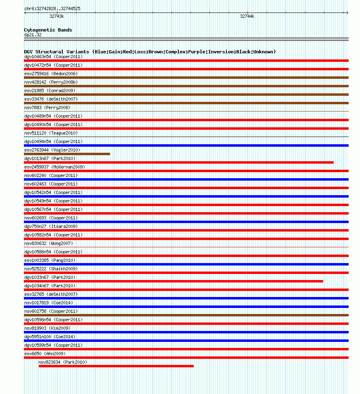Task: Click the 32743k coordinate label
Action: [x=57, y=16]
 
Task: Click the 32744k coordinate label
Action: [x=247, y=16]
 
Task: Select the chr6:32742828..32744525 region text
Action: [x=52, y=8]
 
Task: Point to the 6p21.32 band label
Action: [x=33, y=35]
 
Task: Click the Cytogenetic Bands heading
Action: [x=48, y=30]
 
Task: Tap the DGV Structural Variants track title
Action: [x=150, y=52]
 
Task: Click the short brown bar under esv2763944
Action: [x=67, y=154]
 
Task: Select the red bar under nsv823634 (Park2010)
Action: [x=116, y=366]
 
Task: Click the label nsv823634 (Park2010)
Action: [x=63, y=362]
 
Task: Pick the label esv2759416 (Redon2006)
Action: [x=51, y=74]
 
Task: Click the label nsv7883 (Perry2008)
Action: [x=47, y=107]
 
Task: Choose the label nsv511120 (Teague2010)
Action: [x=51, y=133]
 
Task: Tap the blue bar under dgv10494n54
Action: [x=186, y=145]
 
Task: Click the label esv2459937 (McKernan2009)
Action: [x=55, y=167]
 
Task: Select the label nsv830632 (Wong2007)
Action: [x=49, y=243]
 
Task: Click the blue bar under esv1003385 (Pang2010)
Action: [x=186, y=264]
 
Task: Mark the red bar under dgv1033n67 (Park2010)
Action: [x=174, y=281]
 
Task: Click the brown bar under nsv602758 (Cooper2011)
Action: [x=186, y=315]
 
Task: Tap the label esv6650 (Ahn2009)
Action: [x=45, y=354]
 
